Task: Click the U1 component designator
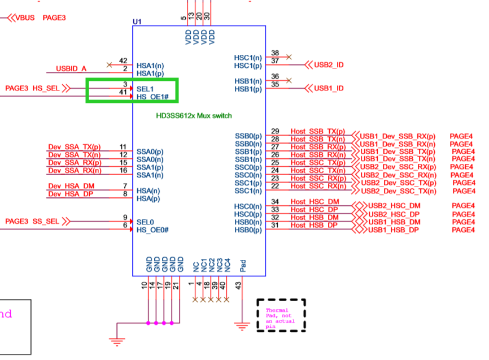(x=137, y=21)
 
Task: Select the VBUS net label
(x=24, y=18)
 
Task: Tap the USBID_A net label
(x=71, y=69)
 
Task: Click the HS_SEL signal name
(x=45, y=88)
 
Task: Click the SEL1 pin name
(x=145, y=89)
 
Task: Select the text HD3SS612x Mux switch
(x=194, y=116)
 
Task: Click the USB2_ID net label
(x=329, y=65)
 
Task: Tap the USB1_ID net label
(x=329, y=89)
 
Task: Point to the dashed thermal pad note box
(x=281, y=314)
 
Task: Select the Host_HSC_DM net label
(x=315, y=202)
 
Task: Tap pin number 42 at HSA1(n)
(x=124, y=60)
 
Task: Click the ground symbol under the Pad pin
(x=242, y=326)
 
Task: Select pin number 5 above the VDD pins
(x=184, y=18)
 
